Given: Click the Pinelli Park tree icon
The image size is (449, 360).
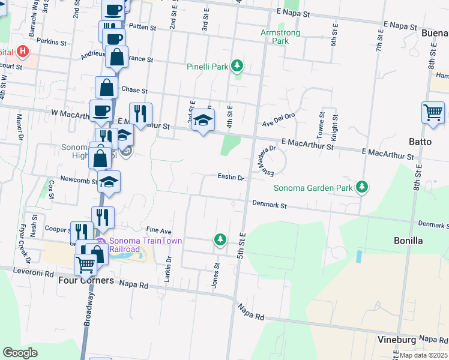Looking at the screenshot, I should pos(238,65).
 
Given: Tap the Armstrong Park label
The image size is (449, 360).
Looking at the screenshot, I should pos(275,37).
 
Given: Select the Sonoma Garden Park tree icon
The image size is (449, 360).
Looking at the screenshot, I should pos(361,187).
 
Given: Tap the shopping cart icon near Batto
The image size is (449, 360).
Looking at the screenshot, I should pos(433,113).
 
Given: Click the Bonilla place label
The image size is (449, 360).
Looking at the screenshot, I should pos(409,241).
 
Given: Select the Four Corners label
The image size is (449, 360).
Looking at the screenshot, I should pos(86,280).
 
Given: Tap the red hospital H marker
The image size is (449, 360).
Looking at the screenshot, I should pos(23,51).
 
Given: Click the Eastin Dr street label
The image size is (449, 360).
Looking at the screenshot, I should pos(231,178).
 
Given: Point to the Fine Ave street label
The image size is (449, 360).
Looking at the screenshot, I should pos(159,230).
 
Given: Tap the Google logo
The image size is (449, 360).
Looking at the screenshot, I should pos(20,353).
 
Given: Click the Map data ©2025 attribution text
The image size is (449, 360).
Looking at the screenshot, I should pos(424,355).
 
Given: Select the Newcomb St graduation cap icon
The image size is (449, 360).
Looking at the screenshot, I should pos(109,182).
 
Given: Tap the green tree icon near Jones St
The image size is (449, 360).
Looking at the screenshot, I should pos(220,240).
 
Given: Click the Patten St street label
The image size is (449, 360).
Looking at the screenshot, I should pos(142,28).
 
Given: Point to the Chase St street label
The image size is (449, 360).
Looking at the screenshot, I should pos(134,90).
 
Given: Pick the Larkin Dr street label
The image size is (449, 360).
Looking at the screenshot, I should pos(169,264).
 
